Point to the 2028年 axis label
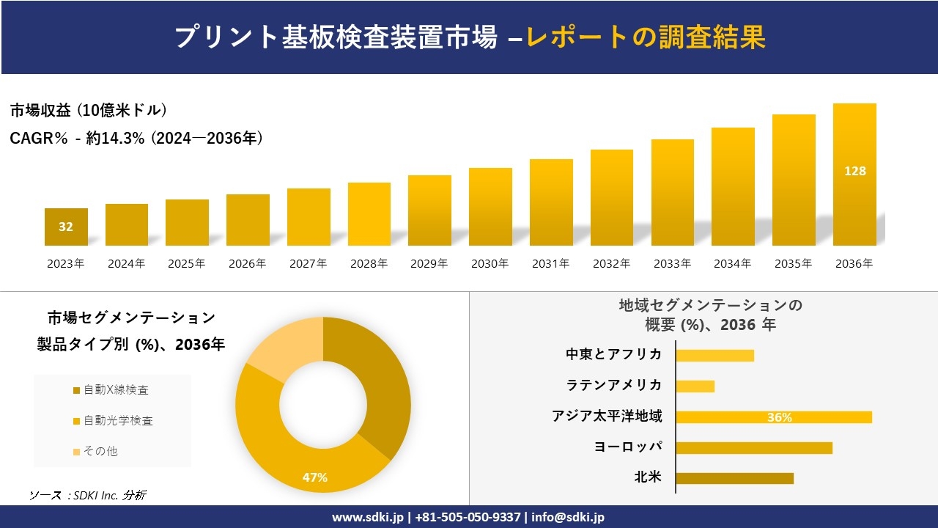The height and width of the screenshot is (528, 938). point(369,263)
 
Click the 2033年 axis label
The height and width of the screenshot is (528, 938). point(672,263)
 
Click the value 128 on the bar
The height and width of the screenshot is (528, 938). point(854,171)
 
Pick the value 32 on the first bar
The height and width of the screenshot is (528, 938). point(66,227)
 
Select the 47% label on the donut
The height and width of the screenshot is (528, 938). point(315,477)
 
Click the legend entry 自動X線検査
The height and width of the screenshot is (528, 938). point(117,390)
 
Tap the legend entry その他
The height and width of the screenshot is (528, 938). point(100,451)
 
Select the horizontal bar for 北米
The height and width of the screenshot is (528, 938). point(734,478)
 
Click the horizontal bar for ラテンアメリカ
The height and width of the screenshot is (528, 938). point(695,386)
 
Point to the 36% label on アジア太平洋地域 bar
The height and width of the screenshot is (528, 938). point(779,417)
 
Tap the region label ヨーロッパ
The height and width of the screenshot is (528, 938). point(628,447)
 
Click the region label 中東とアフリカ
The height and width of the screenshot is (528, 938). point(613,354)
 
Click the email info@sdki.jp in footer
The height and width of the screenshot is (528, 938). point(568,517)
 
